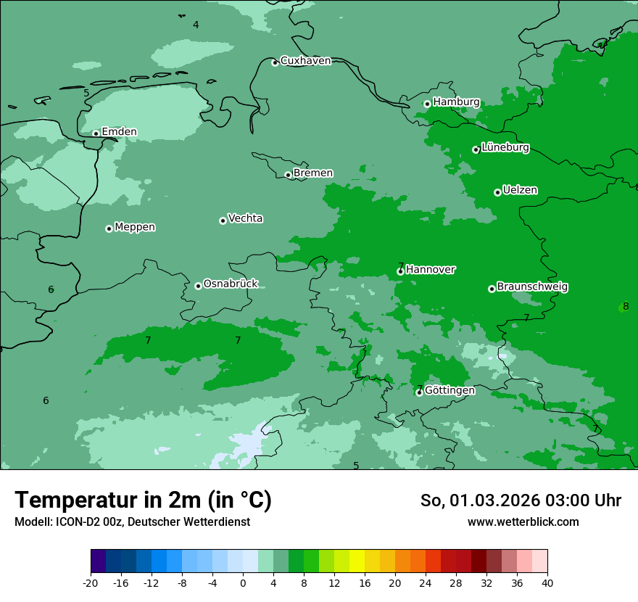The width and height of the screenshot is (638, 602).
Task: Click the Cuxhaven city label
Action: pos(305,61)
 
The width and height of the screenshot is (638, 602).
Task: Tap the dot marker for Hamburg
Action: pos(427,104)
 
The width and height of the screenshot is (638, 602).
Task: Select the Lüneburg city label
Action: pos(505,148)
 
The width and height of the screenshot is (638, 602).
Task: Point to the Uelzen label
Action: pos(520,191)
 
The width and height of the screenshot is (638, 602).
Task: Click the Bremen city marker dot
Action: pos(288,175)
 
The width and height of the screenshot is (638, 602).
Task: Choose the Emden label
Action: pos(119,132)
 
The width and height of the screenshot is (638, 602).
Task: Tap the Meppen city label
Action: pos(135,227)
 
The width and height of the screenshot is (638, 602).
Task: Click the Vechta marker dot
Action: pos(223,220)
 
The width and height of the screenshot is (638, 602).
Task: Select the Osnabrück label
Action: pos(231,284)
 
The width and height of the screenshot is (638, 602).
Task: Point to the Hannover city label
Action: pos(431,270)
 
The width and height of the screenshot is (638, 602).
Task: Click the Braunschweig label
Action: pos(532,287)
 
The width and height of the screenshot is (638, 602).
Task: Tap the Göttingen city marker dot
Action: pos(419,392)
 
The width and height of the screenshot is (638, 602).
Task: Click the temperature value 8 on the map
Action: pos(626,306)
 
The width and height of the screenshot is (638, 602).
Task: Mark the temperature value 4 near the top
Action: pos(196,25)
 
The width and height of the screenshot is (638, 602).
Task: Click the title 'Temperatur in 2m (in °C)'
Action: pos(143,500)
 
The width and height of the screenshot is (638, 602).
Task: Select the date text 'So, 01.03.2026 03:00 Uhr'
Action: pos(521,500)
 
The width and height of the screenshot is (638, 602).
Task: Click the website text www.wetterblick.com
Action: pos(523,521)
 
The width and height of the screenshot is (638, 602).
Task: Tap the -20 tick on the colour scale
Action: pos(91,582)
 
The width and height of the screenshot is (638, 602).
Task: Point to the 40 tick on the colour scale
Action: pos(547,582)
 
